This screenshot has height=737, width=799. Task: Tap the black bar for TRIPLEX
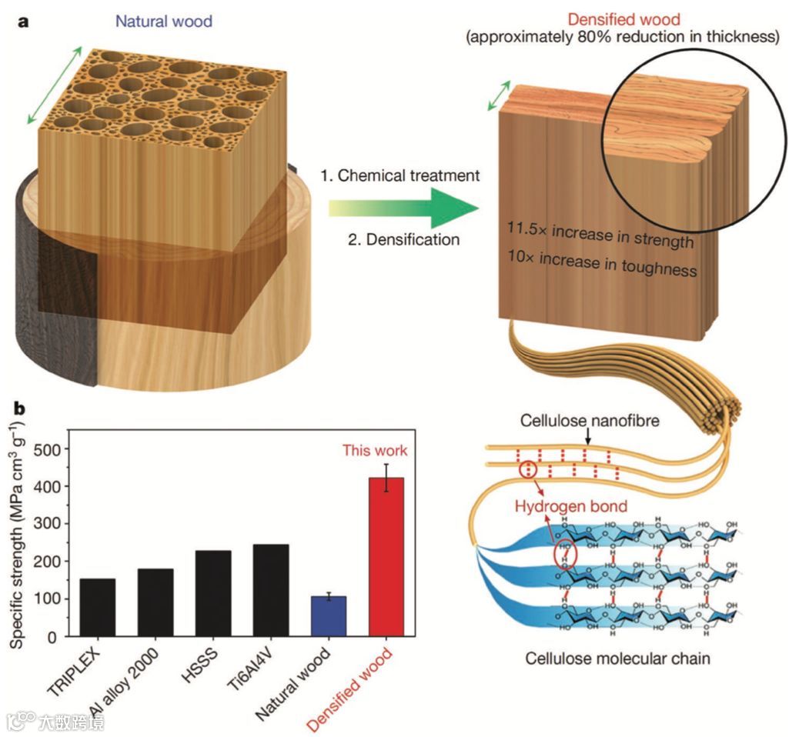pos(98,607)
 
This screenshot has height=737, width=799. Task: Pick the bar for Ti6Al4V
pos(271,590)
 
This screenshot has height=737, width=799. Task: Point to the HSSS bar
pos(213,593)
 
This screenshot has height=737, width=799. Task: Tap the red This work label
pos(375,450)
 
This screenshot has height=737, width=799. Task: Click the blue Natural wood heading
pos(164,21)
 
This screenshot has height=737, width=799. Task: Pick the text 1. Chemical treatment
pos(399,175)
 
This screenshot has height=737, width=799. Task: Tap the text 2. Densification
pos(403,239)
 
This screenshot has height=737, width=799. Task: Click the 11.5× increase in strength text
pos(600,236)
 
